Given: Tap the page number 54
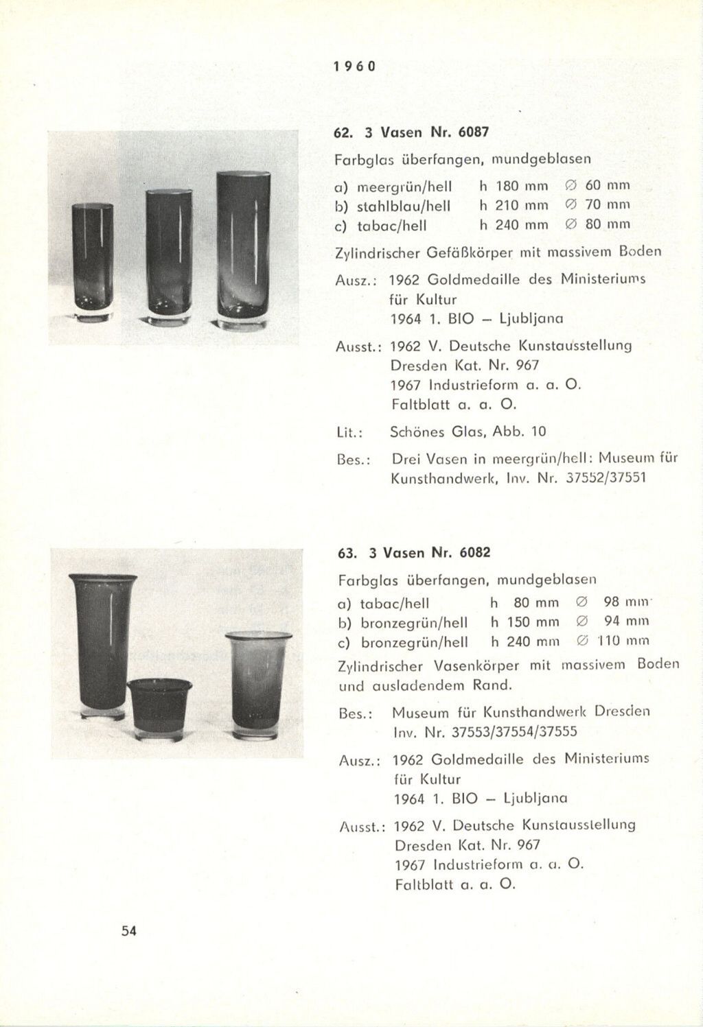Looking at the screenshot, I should point(129,930).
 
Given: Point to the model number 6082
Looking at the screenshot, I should point(476,552).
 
